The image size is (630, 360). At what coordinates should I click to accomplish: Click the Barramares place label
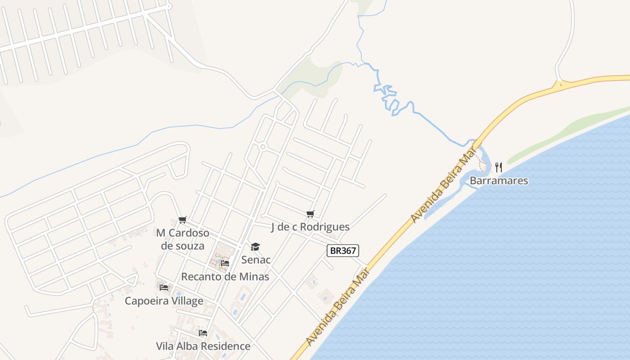[499, 181]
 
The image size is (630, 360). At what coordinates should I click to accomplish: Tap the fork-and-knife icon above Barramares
[499, 167]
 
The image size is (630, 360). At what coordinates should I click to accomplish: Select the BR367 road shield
[343, 251]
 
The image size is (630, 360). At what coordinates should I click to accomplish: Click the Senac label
[256, 260]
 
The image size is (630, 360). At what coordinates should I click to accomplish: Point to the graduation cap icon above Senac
[256, 247]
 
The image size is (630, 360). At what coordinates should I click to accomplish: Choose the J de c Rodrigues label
[310, 227]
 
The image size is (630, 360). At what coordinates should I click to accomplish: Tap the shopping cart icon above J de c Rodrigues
[310, 214]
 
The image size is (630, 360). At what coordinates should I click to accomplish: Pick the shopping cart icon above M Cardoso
[182, 220]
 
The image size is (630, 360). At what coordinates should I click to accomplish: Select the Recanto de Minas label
[225, 276]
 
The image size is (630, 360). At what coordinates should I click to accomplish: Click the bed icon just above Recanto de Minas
[225, 263]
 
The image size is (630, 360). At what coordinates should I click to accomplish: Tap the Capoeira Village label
[164, 301]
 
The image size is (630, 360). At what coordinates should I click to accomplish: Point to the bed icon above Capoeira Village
[164, 287]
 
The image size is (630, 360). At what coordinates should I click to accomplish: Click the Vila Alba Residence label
[203, 346]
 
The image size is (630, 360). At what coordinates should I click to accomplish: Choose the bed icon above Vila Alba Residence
[203, 333]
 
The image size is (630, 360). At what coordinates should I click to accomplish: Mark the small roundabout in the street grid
[263, 147]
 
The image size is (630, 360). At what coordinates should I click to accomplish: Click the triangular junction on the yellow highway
[559, 84]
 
